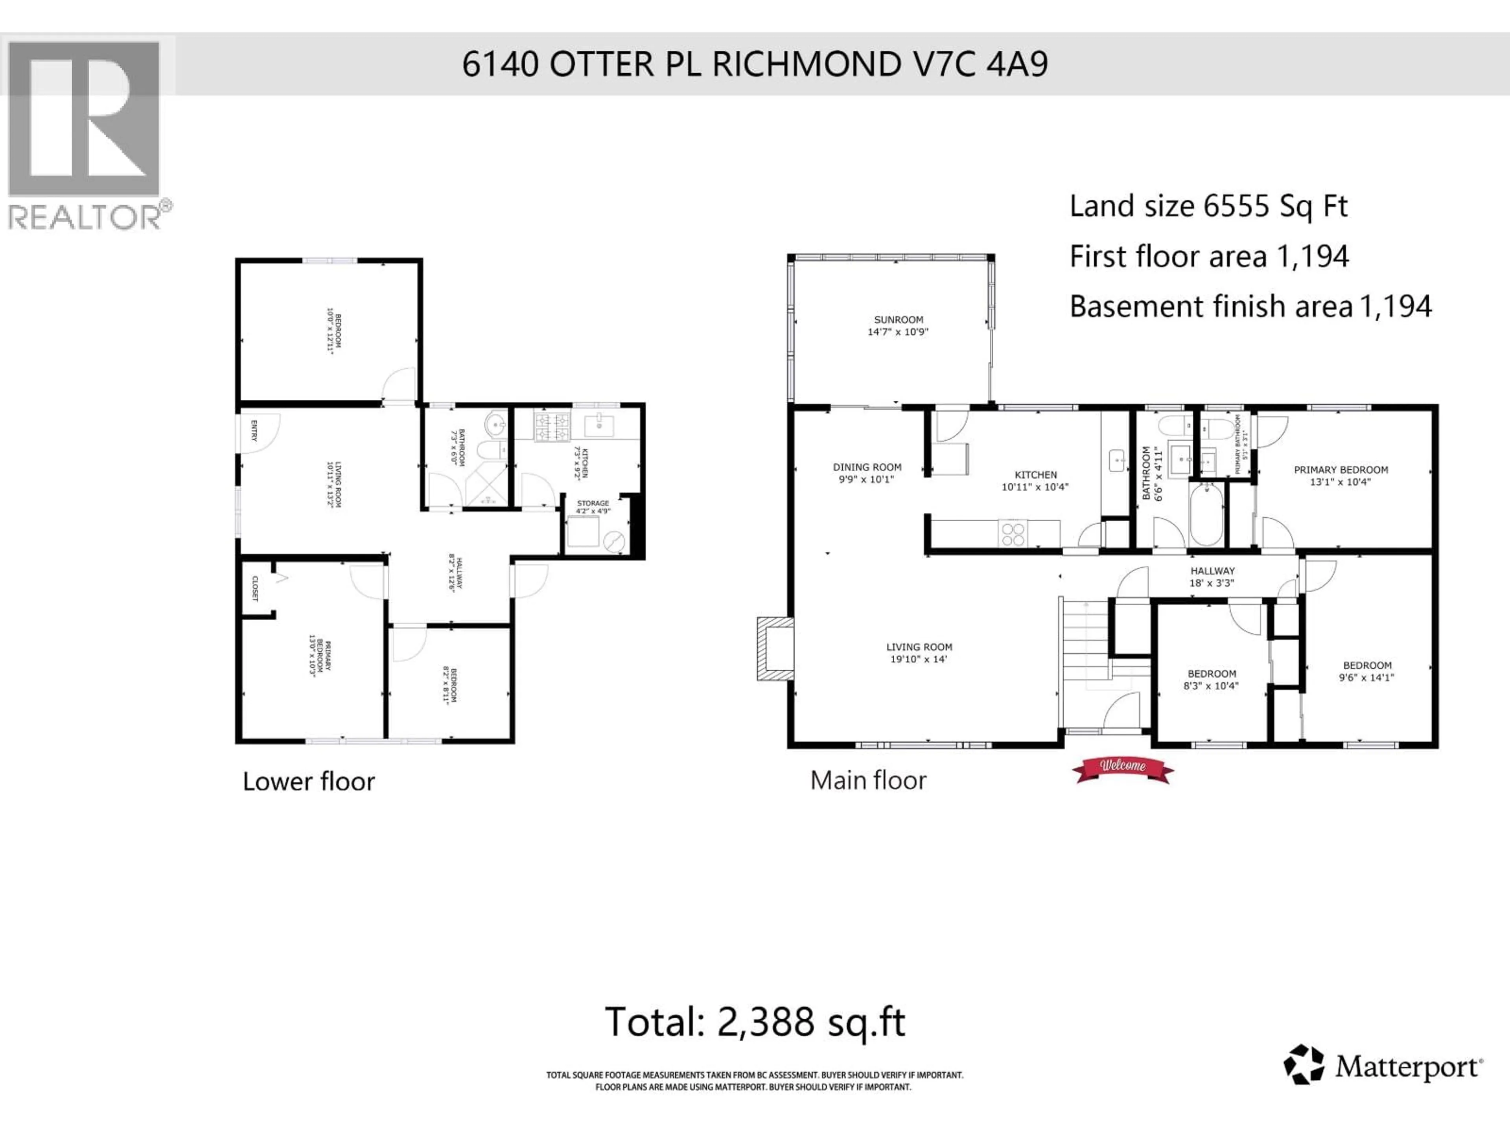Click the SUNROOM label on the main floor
pyautogui.click(x=899, y=325)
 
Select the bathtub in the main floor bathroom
pyautogui.click(x=1207, y=514)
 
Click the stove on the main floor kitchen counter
pyautogui.click(x=1012, y=533)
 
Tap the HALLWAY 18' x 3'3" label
pyautogui.click(x=1212, y=577)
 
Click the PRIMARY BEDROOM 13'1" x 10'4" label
pyautogui.click(x=1341, y=476)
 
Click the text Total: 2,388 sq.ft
pyautogui.click(x=755, y=1022)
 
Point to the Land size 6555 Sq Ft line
pyautogui.click(x=1208, y=206)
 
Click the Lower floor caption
pyautogui.click(x=309, y=781)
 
